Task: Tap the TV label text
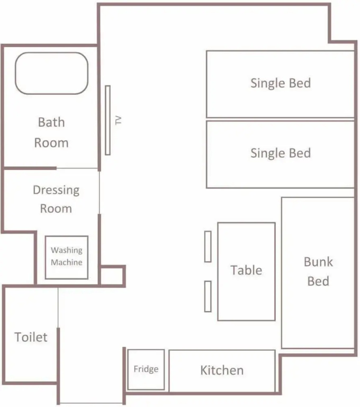tap(118, 120)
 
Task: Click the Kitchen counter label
tap(222, 370)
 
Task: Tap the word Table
tap(246, 270)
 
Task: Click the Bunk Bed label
tap(318, 271)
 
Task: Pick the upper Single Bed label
tap(281, 83)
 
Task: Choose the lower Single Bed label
tap(281, 153)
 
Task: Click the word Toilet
tap(31, 337)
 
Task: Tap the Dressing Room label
tap(56, 199)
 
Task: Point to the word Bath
tap(51, 122)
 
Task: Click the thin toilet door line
tap(58, 307)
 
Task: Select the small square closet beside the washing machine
tap(112, 267)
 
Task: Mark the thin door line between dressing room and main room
tap(100, 192)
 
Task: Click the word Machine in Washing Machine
tap(67, 262)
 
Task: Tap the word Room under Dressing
tap(56, 209)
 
